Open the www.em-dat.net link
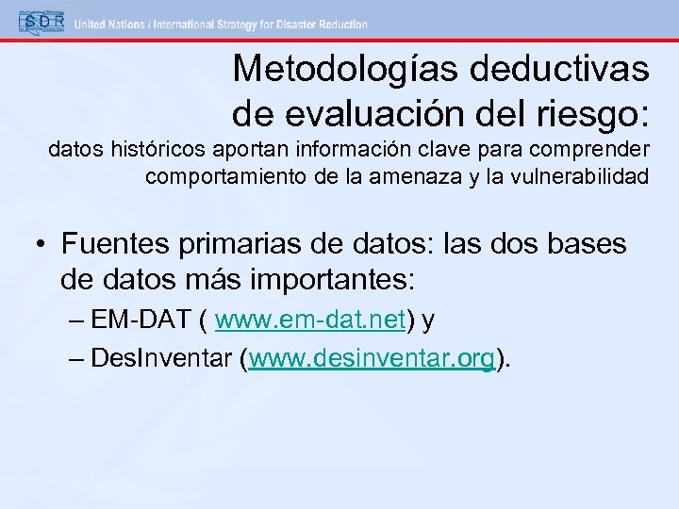[x=310, y=321]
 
